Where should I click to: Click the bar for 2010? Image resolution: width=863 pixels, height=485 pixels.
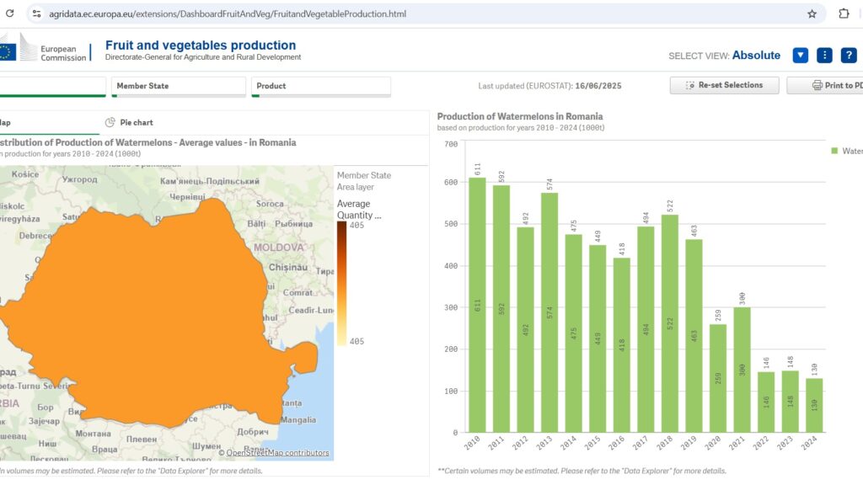pos(477,305)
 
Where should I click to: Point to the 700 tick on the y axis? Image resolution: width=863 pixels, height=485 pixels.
pos(450,145)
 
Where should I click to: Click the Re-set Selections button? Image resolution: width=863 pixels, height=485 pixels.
pos(724,85)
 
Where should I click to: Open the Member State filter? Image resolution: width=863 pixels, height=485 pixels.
pos(178,86)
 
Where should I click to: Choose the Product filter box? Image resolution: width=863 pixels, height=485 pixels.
pos(320,86)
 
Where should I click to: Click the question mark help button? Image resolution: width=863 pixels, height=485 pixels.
pos(849,56)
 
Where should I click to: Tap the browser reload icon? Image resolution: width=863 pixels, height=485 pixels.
pos(10,13)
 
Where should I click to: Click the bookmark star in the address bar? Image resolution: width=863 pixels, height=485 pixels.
pos(812,13)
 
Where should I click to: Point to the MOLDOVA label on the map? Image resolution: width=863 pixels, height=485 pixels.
pos(279,248)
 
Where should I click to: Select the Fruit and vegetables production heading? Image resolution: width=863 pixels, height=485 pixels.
pos(201,45)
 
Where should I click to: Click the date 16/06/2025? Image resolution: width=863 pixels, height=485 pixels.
pos(598,86)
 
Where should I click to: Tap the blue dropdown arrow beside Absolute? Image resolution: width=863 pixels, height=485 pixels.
pos(801,56)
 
